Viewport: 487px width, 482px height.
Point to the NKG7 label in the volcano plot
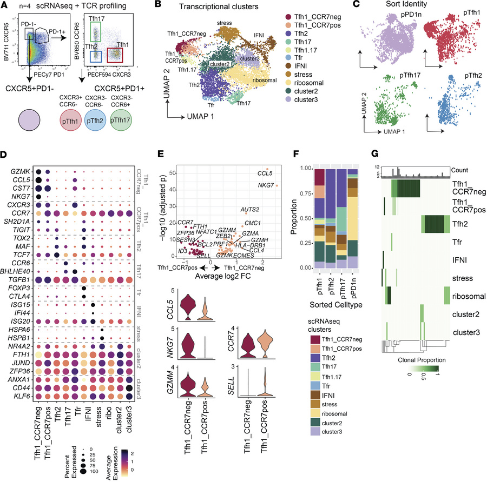click(x=261, y=187)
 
